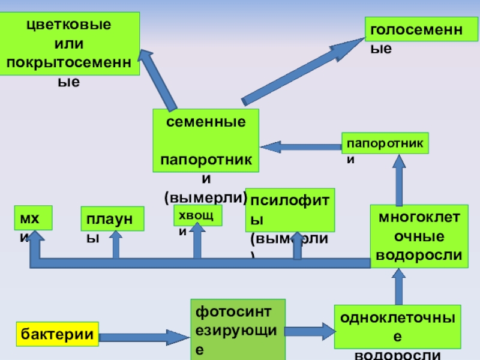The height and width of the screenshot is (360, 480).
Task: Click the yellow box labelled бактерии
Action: pos(58,334)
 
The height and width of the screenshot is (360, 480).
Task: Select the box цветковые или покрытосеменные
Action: pos(69,44)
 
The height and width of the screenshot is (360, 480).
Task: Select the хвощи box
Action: pos(197,215)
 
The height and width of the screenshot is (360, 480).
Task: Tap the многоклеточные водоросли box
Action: pos(419,236)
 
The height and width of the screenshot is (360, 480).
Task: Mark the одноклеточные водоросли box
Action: pos(397,326)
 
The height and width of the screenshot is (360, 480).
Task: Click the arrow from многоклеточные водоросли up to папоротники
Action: pos(398,179)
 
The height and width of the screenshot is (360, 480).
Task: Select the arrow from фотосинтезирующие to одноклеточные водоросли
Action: pos(310,331)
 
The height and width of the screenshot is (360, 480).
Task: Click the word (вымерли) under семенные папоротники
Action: pos(206,197)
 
